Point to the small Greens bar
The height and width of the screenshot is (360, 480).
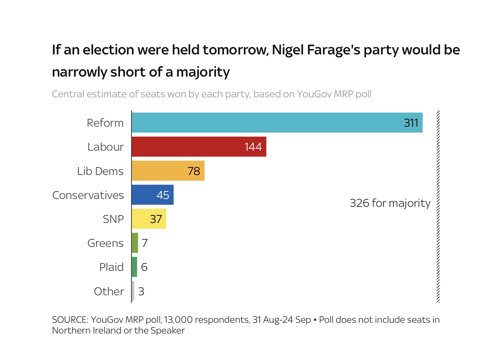pos(135,243)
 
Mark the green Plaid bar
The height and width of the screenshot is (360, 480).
pos(134,267)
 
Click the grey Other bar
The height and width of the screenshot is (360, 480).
pos(133,291)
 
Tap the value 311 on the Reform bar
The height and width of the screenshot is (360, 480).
pos(411,123)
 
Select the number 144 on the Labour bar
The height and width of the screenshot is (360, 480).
pos(253,147)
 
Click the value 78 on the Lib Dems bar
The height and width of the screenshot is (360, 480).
pos(194,171)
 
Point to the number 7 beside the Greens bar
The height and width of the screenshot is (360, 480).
pos(145,243)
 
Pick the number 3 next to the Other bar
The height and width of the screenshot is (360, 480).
pos(141,292)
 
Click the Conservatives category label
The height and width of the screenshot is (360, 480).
pos(88,195)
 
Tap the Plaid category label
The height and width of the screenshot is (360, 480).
pos(111,267)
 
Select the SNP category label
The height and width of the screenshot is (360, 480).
pos(113,219)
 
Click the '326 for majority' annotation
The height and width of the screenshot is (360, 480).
pos(390,203)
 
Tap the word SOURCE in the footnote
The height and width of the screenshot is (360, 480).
pos(70,320)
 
